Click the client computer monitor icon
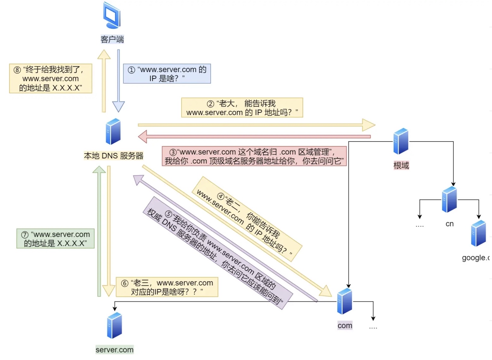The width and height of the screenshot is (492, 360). click(x=112, y=15)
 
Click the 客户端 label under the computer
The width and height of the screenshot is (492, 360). click(x=112, y=40)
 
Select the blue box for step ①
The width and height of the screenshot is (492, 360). click(x=167, y=74)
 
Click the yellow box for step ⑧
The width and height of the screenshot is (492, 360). click(x=51, y=78)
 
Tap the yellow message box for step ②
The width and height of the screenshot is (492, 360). click(x=242, y=108)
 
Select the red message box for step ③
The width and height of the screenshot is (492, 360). click(x=254, y=156)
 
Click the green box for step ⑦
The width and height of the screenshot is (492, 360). click(x=55, y=239)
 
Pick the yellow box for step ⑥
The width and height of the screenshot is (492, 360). click(x=167, y=287)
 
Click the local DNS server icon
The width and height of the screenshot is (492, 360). click(x=113, y=131)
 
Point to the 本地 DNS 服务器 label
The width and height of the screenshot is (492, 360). click(x=114, y=156)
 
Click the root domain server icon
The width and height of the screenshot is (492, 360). click(x=401, y=141)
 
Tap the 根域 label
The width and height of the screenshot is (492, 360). click(x=401, y=165)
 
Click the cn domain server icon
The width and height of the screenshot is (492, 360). click(x=449, y=199)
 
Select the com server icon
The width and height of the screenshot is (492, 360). click(x=345, y=301)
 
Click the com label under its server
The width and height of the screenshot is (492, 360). click(x=345, y=326)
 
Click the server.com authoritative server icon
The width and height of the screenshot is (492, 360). click(x=114, y=325)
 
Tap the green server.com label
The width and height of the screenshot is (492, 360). click(x=114, y=350)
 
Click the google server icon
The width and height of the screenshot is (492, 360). click(x=478, y=234)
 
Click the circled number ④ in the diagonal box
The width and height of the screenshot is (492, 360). click(x=221, y=197)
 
